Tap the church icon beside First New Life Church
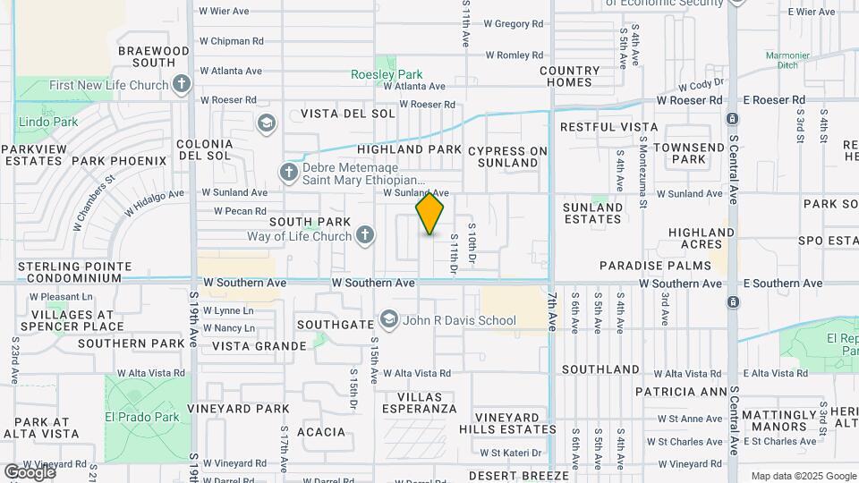coord(182,86)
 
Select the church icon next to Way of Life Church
coord(364,236)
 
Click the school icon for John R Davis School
coord(388,320)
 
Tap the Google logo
coord(30,471)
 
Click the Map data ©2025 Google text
coord(803,476)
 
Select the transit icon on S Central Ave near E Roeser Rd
coord(732,119)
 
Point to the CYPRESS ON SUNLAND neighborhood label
coord(507,157)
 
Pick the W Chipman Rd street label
coord(231,41)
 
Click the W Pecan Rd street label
coord(242,212)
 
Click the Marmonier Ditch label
coord(787,60)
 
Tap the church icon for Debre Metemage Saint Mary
coord(288,172)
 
